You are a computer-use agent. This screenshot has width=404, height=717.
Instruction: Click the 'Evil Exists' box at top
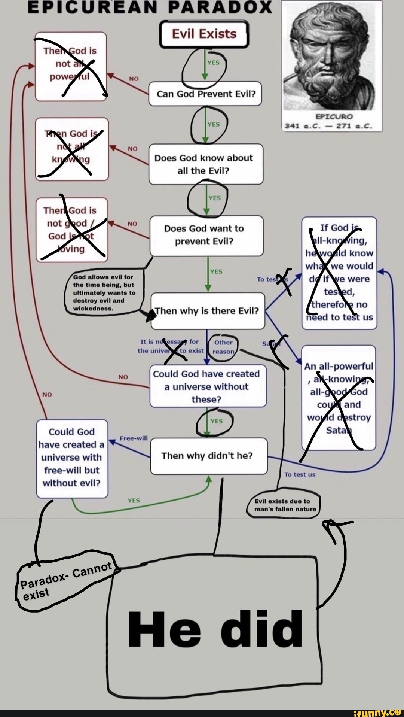pyautogui.click(x=204, y=34)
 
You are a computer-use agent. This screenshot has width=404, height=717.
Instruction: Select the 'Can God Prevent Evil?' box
pyautogui.click(x=205, y=94)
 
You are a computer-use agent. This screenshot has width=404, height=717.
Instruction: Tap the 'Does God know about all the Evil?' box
pyautogui.click(x=205, y=164)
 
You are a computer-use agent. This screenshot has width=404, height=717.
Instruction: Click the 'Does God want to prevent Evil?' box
pyautogui.click(x=206, y=235)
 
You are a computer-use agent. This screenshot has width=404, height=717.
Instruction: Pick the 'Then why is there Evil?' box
pyautogui.click(x=208, y=311)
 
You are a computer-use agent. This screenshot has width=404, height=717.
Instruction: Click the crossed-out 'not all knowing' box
pyautogui.click(x=72, y=149)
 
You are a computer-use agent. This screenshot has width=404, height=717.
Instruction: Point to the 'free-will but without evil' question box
pyautogui.click(x=72, y=458)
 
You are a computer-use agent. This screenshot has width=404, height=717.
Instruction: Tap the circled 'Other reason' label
pyautogui.click(x=223, y=347)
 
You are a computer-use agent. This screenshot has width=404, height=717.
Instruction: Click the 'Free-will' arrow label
pyautogui.click(x=134, y=438)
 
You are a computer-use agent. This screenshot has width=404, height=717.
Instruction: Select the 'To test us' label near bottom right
pyautogui.click(x=300, y=474)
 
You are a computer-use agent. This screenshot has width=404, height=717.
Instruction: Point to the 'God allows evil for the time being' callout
pyautogui.click(x=104, y=292)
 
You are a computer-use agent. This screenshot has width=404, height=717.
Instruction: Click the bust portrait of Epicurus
pyautogui.click(x=331, y=56)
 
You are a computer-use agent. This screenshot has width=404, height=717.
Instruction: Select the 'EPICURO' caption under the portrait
pyautogui.click(x=334, y=116)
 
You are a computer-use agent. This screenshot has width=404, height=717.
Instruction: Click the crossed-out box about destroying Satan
pyautogui.click(x=339, y=398)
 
